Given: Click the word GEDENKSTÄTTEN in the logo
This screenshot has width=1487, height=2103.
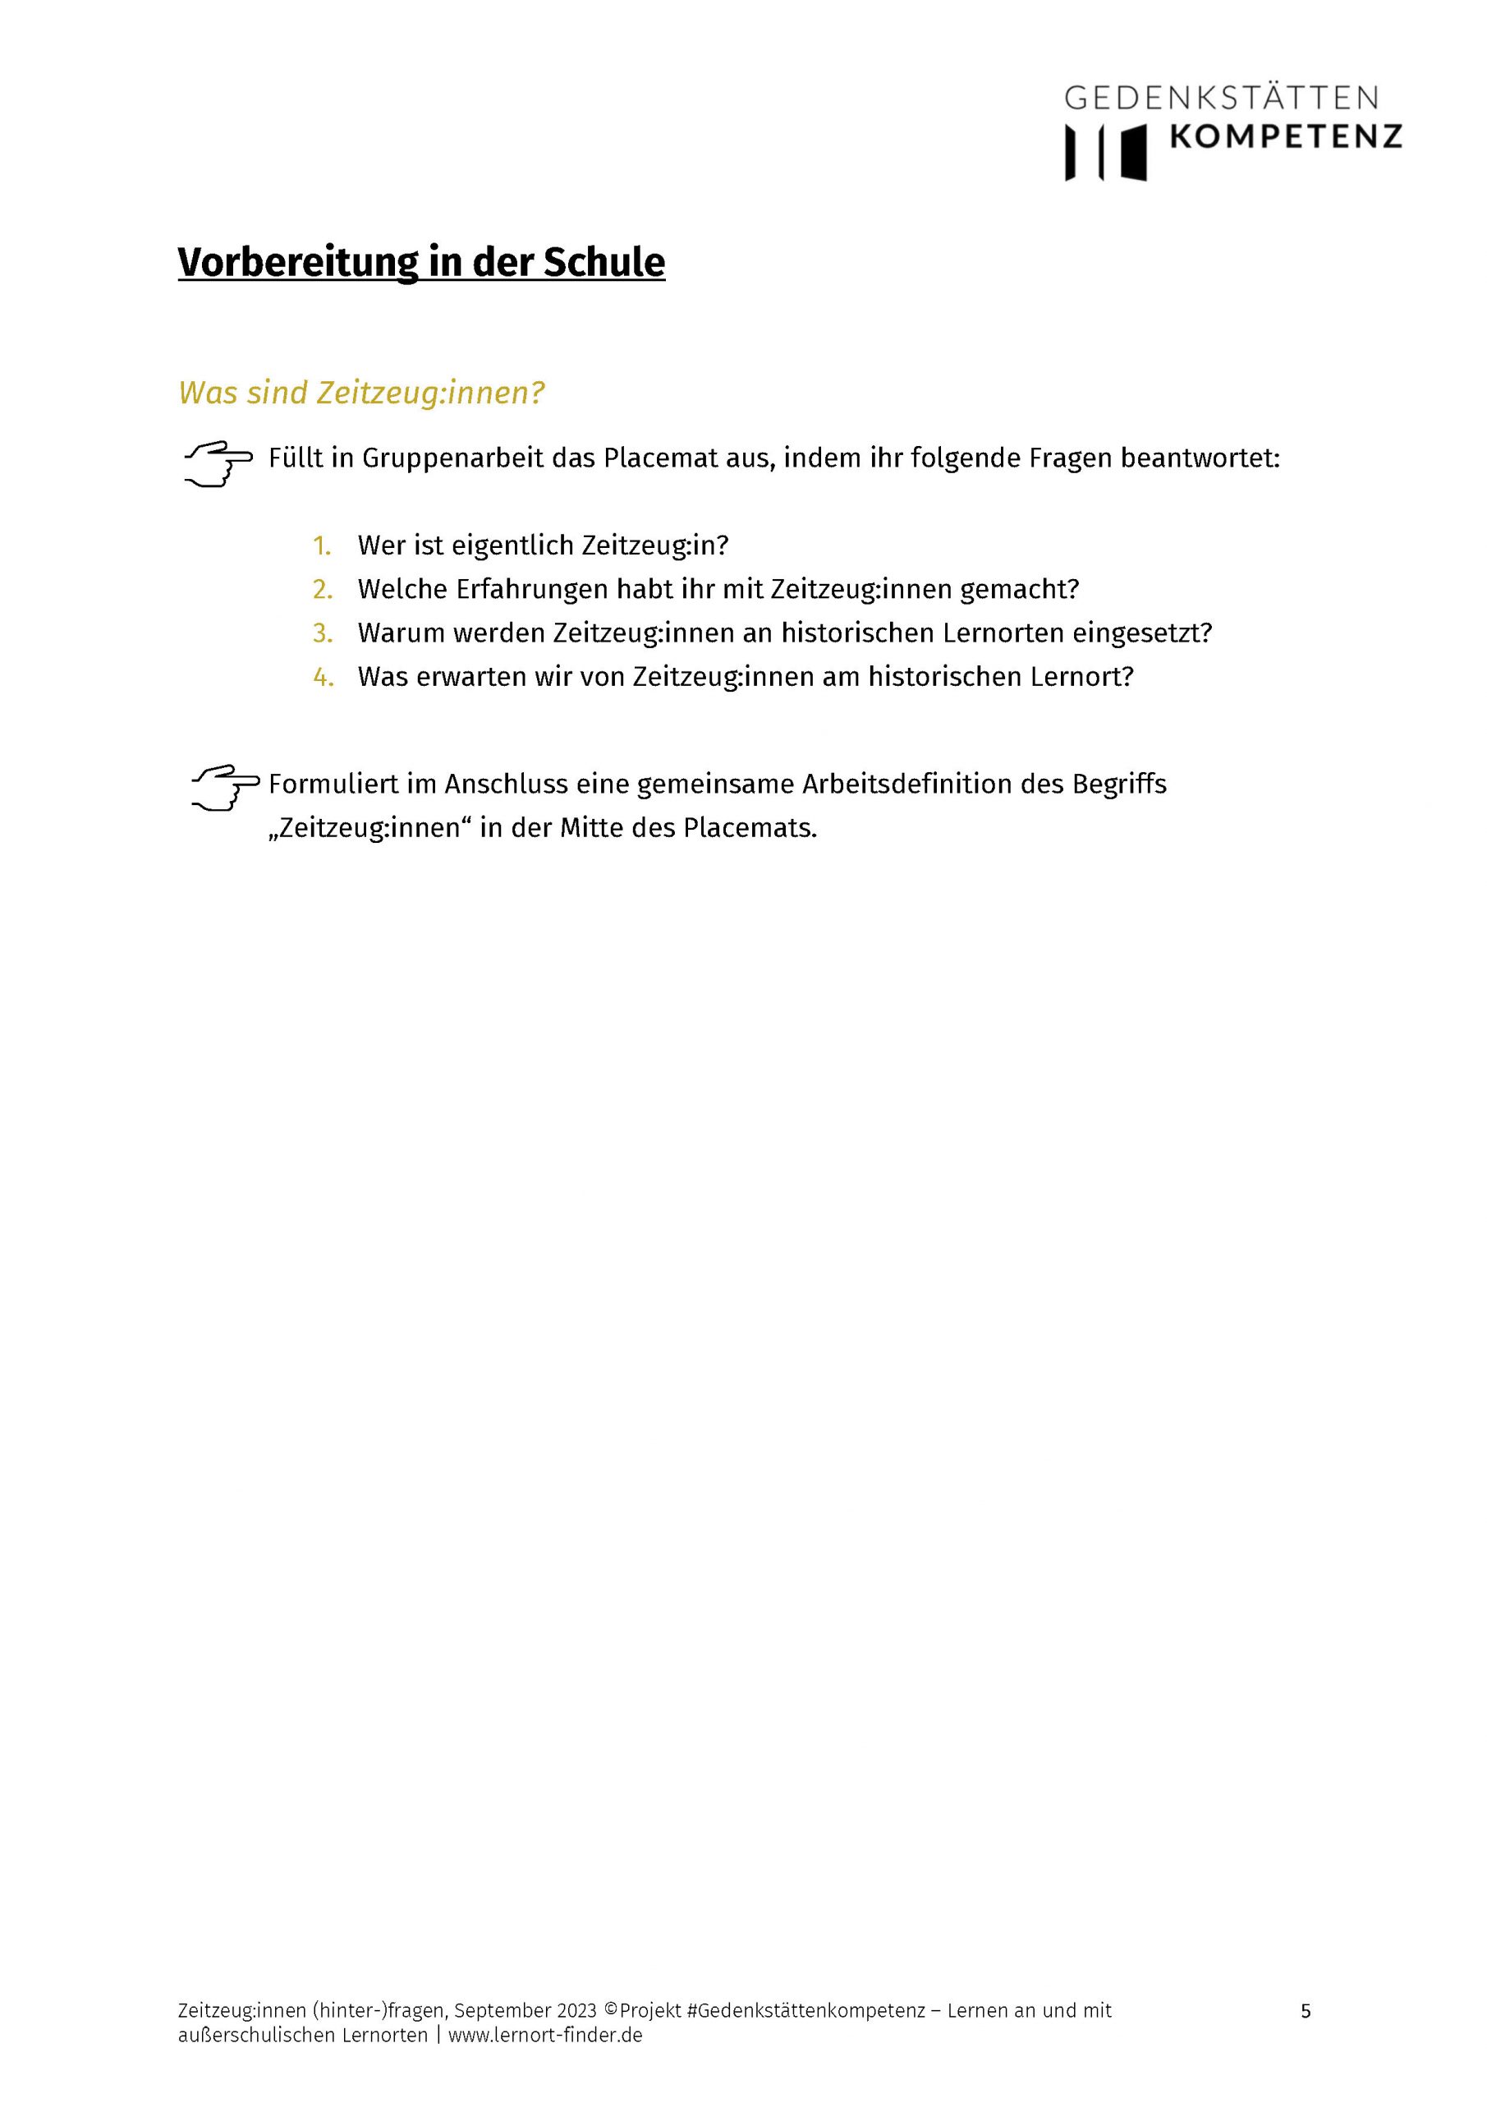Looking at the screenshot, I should click(x=1222, y=97).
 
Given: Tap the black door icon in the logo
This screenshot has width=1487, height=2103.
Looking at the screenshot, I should click(x=1134, y=152).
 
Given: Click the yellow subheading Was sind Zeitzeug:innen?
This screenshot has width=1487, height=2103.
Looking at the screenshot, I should click(x=361, y=393).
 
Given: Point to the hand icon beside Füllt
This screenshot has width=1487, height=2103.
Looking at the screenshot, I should click(x=218, y=462).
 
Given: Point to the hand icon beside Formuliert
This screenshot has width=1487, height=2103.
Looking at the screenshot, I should click(x=224, y=788).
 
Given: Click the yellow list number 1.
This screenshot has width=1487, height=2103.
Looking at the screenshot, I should click(x=321, y=546).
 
